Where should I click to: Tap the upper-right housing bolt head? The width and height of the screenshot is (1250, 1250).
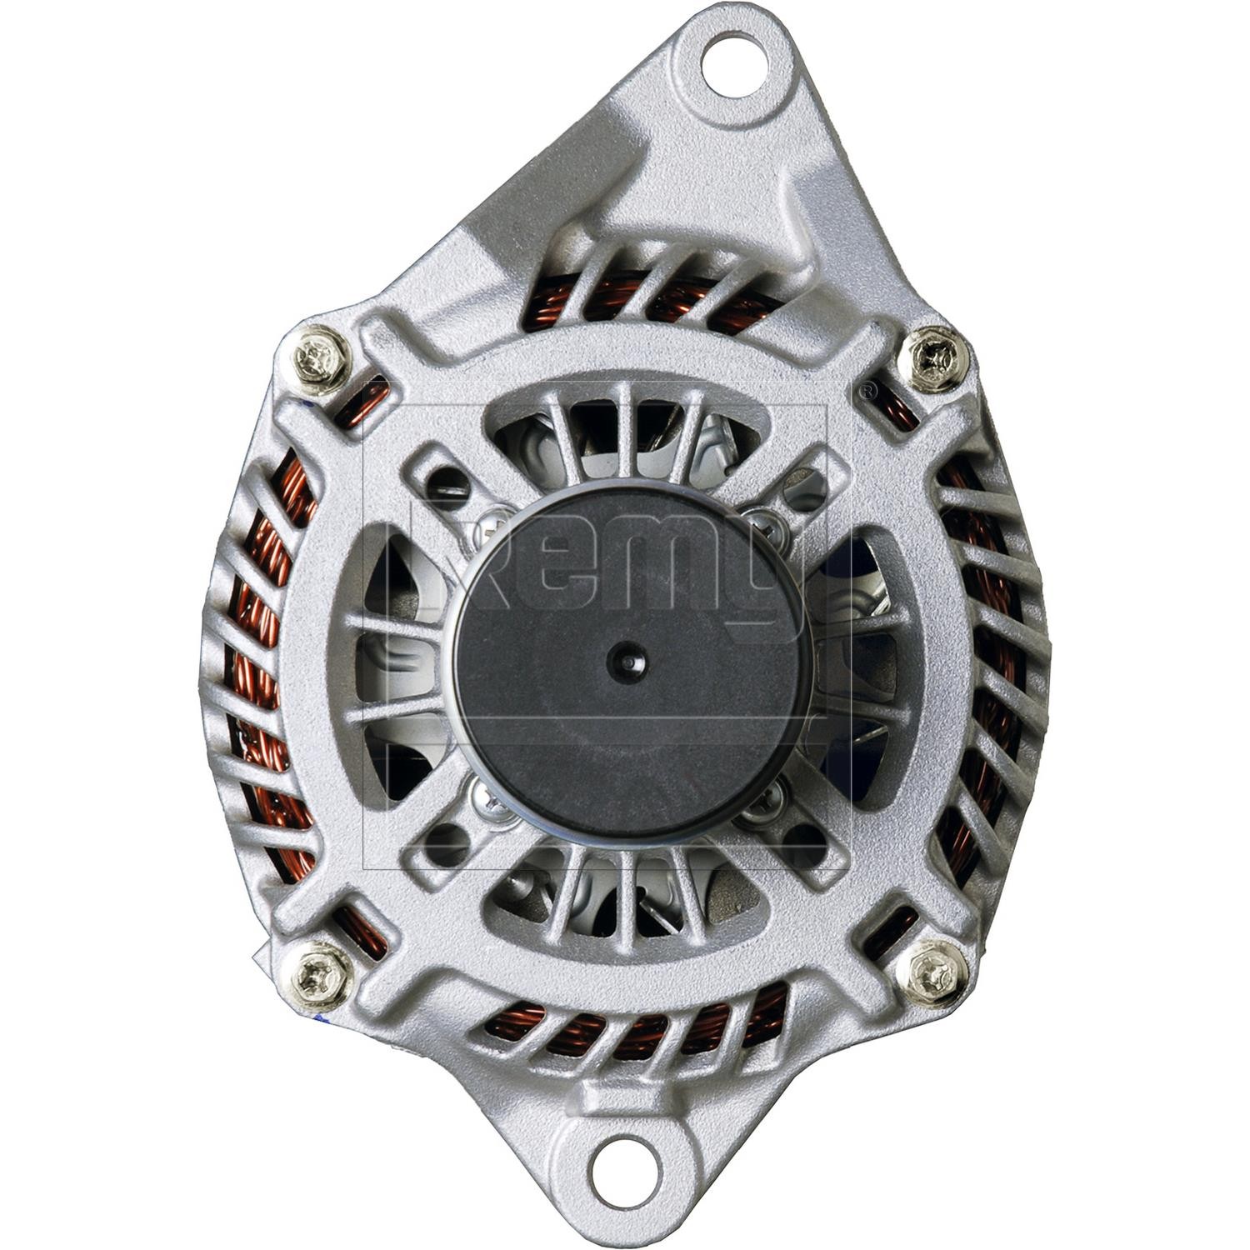coord(936,357)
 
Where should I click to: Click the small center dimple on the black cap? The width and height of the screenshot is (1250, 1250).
coord(626,658)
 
